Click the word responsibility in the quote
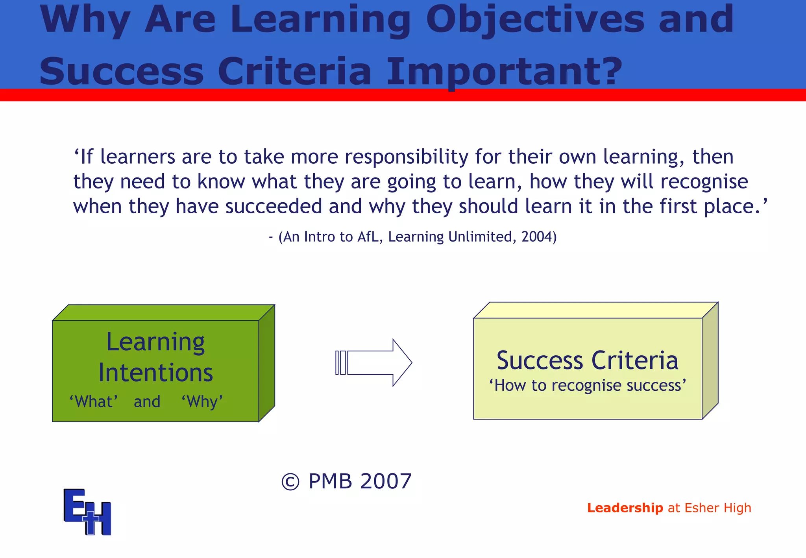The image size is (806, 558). tap(407, 157)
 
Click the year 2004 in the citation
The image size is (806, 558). tap(537, 237)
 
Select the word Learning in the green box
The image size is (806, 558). tap(155, 342)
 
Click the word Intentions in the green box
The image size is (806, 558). tap(155, 373)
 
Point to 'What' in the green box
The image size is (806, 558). tap(94, 402)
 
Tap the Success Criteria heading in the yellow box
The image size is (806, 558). tap(587, 360)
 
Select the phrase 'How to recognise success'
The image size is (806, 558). tap(587, 386)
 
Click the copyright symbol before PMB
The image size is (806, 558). tap(290, 482)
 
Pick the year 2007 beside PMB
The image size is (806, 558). tap(386, 481)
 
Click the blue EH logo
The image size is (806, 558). tap(87, 512)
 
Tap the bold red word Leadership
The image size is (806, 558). tap(625, 508)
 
